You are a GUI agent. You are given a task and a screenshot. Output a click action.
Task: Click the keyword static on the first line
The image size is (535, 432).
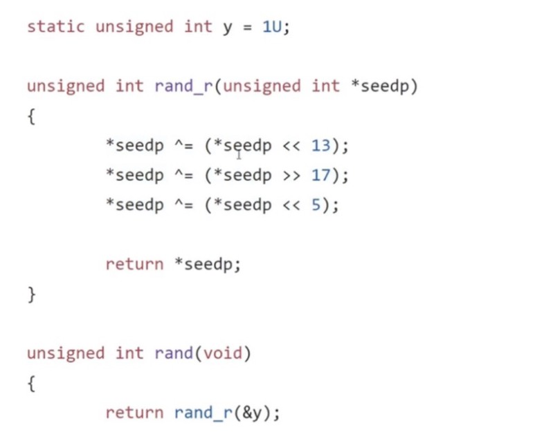55,28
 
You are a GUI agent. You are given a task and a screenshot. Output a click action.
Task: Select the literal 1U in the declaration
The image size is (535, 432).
271,28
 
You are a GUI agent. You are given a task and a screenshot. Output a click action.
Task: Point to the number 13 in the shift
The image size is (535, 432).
320,147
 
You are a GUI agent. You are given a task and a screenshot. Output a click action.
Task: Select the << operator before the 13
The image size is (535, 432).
291,147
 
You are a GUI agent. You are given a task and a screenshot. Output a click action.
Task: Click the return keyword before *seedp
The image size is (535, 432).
134,265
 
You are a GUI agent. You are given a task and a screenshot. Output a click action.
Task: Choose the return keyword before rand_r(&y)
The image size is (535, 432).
134,413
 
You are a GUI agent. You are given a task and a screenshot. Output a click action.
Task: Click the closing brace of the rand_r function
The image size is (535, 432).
31,294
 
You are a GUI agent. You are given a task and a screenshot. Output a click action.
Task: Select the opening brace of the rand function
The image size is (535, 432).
31,384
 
